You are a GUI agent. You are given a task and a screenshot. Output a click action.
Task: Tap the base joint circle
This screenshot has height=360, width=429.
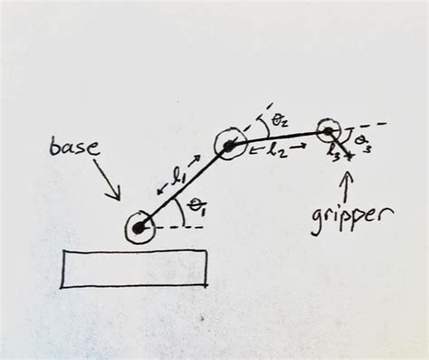click(x=138, y=230)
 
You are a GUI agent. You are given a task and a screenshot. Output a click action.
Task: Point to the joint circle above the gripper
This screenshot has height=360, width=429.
click(x=328, y=132)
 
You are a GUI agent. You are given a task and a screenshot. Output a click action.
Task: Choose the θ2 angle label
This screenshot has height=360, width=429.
click(x=281, y=119)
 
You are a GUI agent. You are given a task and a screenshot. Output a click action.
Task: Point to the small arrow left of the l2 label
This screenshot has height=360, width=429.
click(x=252, y=148)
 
